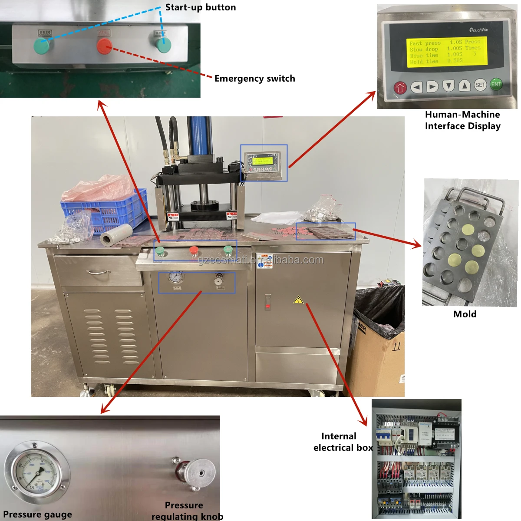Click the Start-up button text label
pyautogui.click(x=200, y=7)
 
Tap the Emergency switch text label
pyautogui.click(x=254, y=79)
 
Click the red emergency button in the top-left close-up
pyautogui.click(x=104, y=46)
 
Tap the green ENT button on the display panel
pyautogui.click(x=496, y=84)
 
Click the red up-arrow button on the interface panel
pyautogui.click(x=400, y=88)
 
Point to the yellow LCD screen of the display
pyautogui.click(x=446, y=52)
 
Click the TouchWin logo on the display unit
pyautogui.click(x=478, y=30)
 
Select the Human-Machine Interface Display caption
pyautogui.click(x=462, y=120)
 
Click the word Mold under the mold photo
pyautogui.click(x=465, y=314)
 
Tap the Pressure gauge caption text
pyautogui.click(x=37, y=514)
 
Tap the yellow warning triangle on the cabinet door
pyautogui.click(x=298, y=300)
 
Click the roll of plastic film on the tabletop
pyautogui.click(x=116, y=235)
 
